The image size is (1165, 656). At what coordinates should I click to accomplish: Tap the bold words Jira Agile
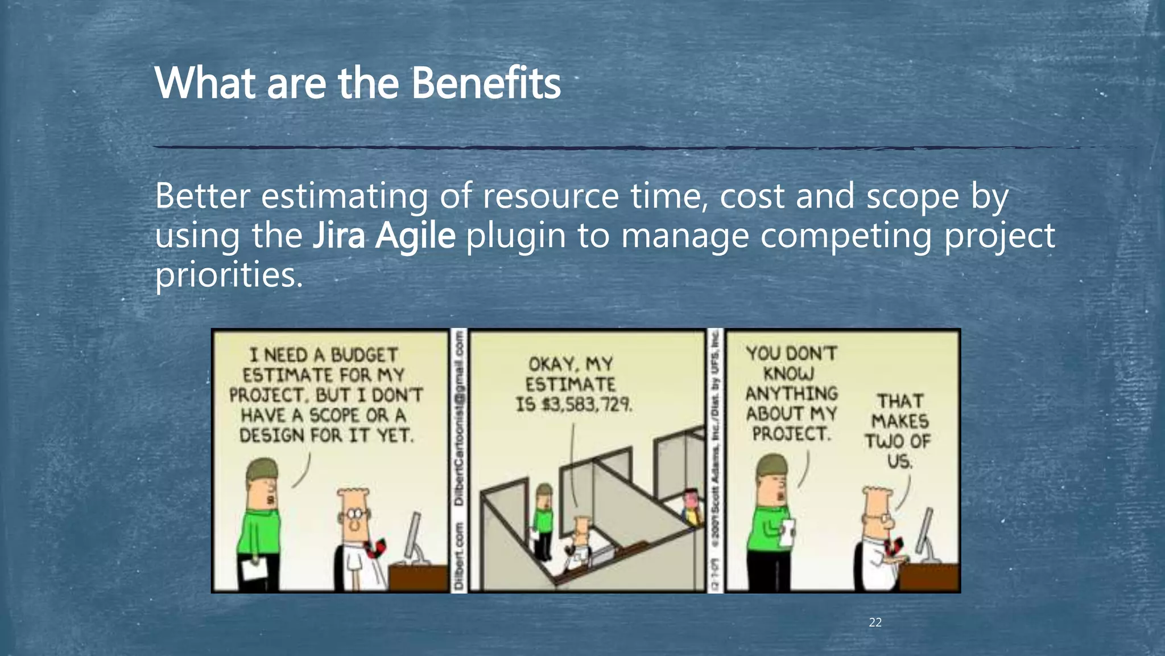384,235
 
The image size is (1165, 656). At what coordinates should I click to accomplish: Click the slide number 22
875,622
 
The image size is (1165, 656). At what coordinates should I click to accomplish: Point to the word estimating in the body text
344,196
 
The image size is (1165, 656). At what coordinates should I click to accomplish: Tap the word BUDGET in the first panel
364,355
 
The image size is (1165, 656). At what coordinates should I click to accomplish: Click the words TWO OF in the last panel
898,441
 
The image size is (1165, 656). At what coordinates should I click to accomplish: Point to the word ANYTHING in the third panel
791,393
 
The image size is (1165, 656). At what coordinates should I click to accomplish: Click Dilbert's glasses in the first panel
355,513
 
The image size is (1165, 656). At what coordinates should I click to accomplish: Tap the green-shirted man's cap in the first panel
263,469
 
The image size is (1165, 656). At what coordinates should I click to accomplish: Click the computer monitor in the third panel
925,532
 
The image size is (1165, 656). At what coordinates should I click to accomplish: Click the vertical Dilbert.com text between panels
459,558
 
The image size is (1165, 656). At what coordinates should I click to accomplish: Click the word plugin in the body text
515,235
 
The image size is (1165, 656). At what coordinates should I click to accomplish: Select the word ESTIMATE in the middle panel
570,384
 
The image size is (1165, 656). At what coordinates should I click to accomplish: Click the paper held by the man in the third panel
787,532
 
